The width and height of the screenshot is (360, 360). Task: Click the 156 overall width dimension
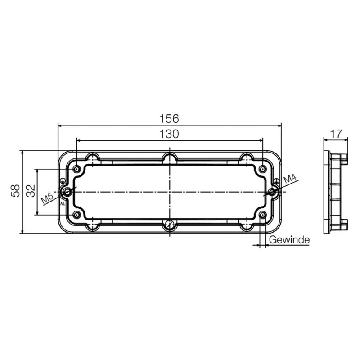point(169,119)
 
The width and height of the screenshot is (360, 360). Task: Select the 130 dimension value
point(169,134)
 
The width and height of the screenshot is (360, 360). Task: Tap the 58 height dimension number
point(16,191)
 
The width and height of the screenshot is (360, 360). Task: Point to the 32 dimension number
point(31,191)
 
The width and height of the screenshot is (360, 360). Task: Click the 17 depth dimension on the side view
point(336,134)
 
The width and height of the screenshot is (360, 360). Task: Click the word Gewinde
point(289,240)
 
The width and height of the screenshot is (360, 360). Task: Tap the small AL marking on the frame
point(63,204)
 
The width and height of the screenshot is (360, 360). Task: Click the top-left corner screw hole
point(77,169)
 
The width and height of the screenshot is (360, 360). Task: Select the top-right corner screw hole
point(262,169)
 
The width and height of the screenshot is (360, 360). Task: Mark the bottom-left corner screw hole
point(77,215)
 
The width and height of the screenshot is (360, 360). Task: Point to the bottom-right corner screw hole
point(262,215)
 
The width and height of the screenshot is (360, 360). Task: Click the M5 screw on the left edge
point(67,192)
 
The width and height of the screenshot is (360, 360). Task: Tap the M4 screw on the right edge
point(273,192)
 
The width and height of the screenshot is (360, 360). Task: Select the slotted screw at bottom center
point(170,225)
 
